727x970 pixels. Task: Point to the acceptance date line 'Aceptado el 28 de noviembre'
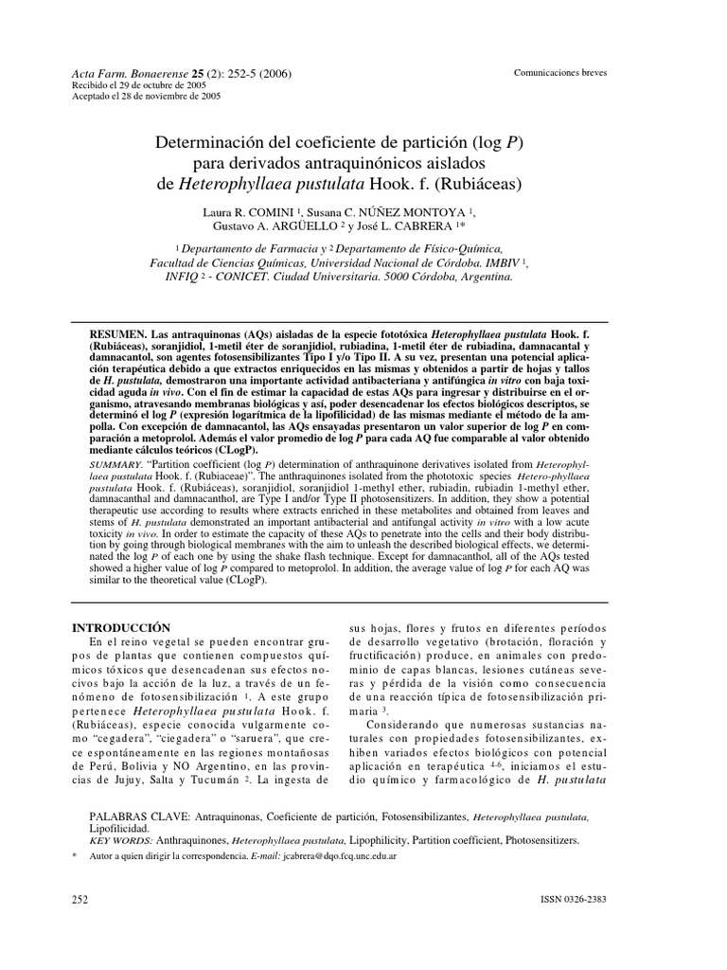pos(147,96)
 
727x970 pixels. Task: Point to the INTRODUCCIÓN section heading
pos(121,628)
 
